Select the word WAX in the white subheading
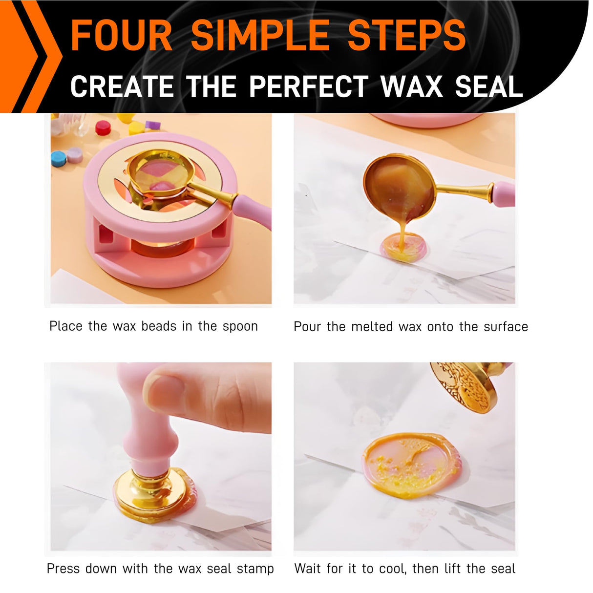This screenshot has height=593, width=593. click(412, 87)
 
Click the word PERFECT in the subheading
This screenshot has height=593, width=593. click(309, 87)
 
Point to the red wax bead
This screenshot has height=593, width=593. click(103, 127)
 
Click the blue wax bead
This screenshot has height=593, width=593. click(59, 158)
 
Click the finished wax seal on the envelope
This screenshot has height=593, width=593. click(410, 464)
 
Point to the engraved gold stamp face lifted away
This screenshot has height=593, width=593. click(465, 385)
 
